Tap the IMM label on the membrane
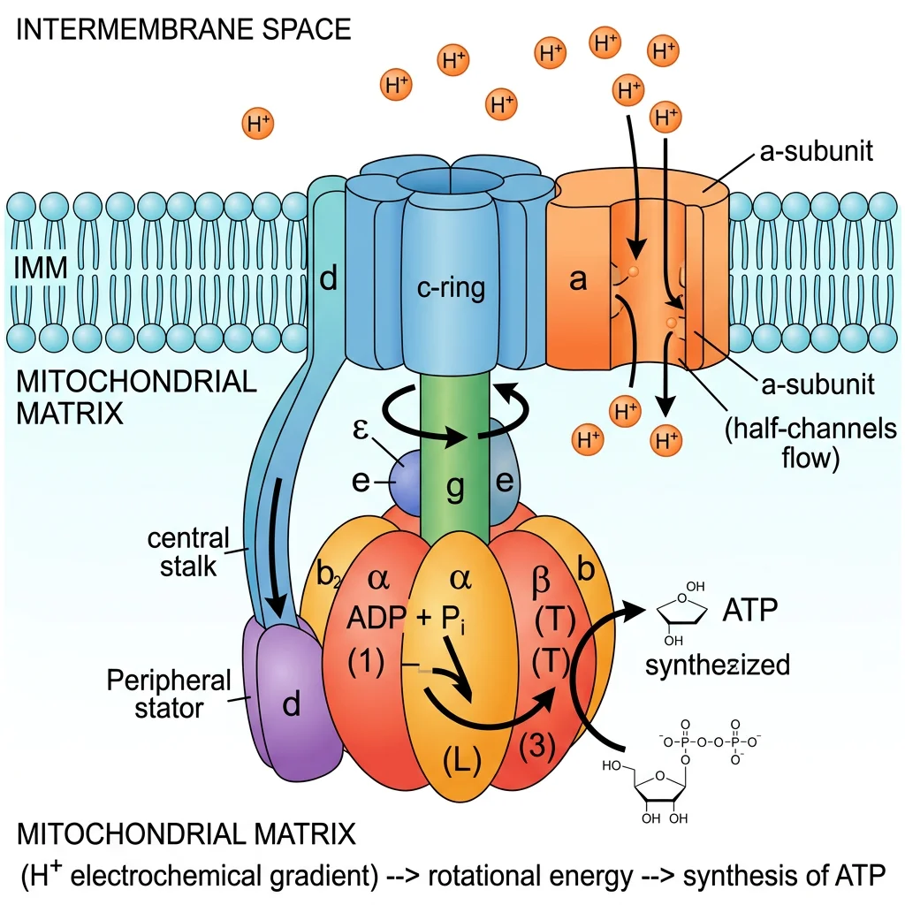point(42,268)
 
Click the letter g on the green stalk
point(454,489)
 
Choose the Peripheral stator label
point(168,695)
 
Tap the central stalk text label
point(188,551)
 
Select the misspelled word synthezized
point(718,664)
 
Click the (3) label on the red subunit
point(536,747)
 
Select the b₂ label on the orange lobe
point(328,575)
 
